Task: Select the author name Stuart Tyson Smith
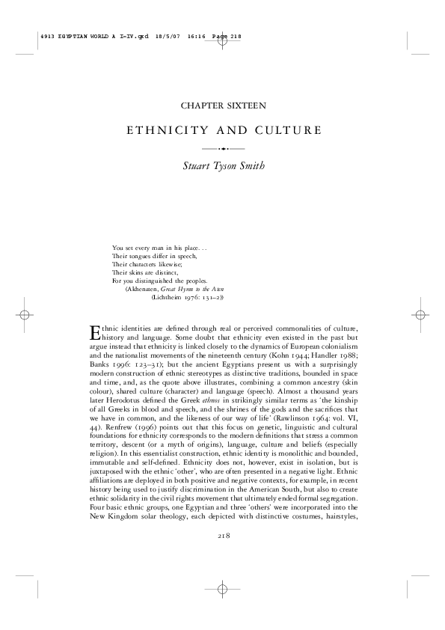click(x=222, y=166)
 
